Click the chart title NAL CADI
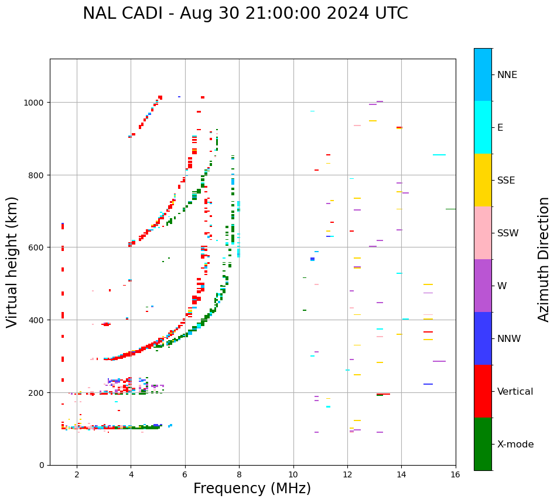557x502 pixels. [x=245, y=13]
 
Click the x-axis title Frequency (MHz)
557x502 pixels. [x=252, y=489]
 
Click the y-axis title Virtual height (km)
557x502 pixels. [x=13, y=262]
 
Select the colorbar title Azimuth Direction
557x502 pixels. [x=544, y=259]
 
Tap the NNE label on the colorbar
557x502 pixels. [x=507, y=75]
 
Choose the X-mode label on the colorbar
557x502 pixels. [x=515, y=445]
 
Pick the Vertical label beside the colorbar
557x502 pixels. [x=515, y=392]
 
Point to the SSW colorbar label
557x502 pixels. [x=508, y=233]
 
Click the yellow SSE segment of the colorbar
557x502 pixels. [x=483, y=180]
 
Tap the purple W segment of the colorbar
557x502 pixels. [x=483, y=286]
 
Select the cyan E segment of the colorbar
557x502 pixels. [x=483, y=127]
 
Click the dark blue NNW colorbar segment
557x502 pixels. [x=483, y=338]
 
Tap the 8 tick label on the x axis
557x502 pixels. [x=239, y=476]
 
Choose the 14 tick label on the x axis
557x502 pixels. [x=401, y=476]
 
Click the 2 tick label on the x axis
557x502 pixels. [x=77, y=476]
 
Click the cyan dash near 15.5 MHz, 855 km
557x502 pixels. [x=439, y=155]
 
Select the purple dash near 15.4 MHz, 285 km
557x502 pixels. [x=439, y=361]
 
